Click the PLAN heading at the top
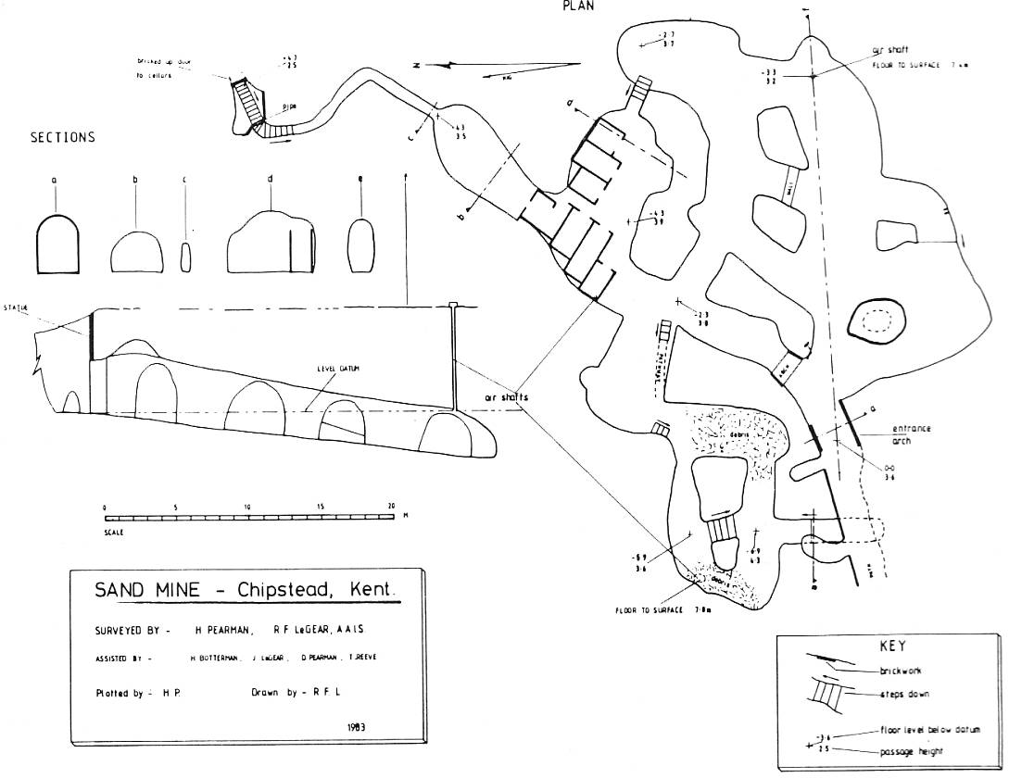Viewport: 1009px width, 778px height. click(577, 6)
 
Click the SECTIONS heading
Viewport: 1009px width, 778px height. click(63, 137)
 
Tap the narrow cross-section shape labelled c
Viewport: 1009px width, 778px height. click(184, 257)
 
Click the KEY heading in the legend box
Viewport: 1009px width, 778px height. click(891, 646)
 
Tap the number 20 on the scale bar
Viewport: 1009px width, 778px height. click(391, 507)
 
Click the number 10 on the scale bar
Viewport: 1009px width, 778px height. click(247, 507)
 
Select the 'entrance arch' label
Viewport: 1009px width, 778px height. click(911, 434)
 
